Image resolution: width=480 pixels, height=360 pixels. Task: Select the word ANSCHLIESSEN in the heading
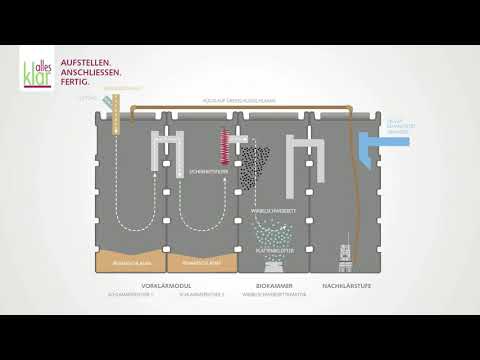(x=91, y=73)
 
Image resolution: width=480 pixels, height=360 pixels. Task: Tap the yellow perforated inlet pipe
(x=117, y=115)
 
